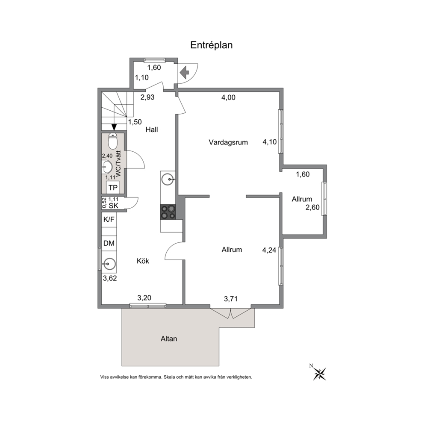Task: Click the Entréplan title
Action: click(x=212, y=45)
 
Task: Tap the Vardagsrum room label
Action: click(x=228, y=142)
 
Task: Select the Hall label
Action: click(x=152, y=130)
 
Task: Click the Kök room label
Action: click(x=143, y=261)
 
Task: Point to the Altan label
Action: click(x=169, y=339)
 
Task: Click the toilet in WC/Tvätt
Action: click(x=112, y=141)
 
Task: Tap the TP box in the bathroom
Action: click(x=113, y=187)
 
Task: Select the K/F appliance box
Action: click(x=109, y=220)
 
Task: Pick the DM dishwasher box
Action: click(x=109, y=243)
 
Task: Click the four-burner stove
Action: click(x=168, y=212)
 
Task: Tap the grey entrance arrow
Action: click(x=184, y=73)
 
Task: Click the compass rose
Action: click(x=320, y=374)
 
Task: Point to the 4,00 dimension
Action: click(x=228, y=97)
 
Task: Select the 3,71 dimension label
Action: click(x=231, y=299)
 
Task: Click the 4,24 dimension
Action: click(x=269, y=250)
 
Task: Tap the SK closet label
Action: click(x=114, y=206)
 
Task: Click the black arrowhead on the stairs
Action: click(x=114, y=127)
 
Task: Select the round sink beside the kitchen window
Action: click(x=109, y=264)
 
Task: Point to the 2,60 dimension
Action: click(x=312, y=207)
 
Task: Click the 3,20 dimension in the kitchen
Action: click(x=144, y=298)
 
